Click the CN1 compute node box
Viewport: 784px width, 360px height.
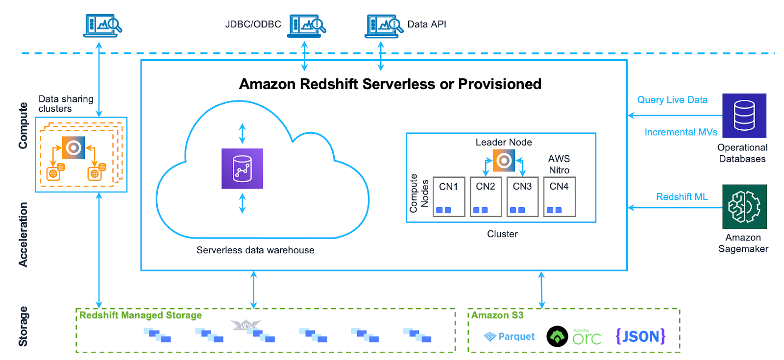[x=448, y=196]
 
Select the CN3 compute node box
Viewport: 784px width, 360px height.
[x=522, y=196]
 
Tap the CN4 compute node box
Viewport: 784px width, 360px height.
[x=559, y=196]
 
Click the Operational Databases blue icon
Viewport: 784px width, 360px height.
[x=744, y=116]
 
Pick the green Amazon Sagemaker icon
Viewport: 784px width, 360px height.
[x=744, y=206]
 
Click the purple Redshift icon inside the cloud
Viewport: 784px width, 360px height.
[x=242, y=168]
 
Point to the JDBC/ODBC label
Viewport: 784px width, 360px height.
[x=253, y=24]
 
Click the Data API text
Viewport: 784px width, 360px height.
[x=426, y=24]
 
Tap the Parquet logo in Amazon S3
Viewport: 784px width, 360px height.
[x=509, y=336]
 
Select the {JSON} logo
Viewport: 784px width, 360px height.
[x=640, y=336]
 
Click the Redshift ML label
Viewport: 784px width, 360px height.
[x=682, y=197]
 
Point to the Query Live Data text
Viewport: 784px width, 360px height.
[x=672, y=100]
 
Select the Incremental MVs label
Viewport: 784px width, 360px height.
[x=681, y=132]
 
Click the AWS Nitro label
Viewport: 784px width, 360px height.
[x=559, y=165]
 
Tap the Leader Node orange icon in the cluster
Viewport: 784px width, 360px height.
[x=504, y=160]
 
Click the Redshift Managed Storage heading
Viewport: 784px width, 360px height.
[x=140, y=315]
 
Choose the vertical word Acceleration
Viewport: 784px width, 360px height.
[x=23, y=235]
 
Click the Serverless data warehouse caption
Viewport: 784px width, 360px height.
[x=255, y=250]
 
